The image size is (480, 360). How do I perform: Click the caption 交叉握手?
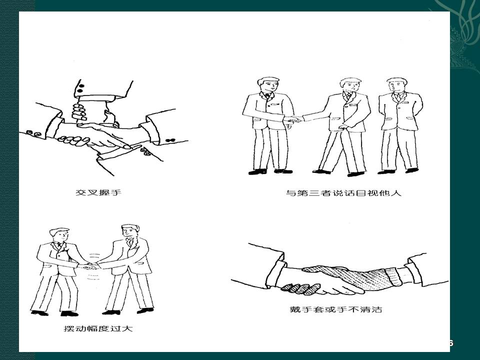click(98, 192)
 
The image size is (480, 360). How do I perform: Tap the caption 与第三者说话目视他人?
click(343, 193)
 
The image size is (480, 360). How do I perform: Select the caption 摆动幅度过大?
click(98, 329)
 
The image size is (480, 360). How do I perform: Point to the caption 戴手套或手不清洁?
click(336, 309)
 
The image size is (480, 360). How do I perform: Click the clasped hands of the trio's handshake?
click(294, 119)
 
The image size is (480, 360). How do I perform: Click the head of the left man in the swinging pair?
click(59, 235)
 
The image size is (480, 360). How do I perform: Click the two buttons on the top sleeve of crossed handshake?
click(80, 88)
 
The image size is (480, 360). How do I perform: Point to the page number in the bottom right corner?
click(450, 343)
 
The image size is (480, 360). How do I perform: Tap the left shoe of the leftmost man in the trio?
click(257, 172)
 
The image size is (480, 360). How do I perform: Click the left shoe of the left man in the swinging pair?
click(39, 313)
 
